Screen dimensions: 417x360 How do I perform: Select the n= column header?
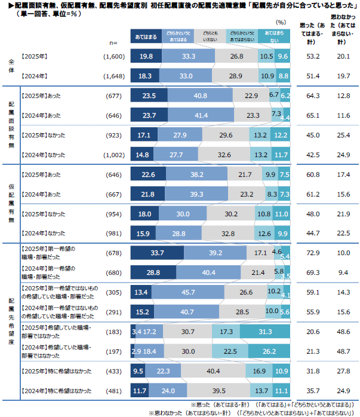tap(113, 43)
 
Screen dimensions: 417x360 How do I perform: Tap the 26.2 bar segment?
tap(269, 350)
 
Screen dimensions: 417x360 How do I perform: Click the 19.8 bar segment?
tap(146, 56)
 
